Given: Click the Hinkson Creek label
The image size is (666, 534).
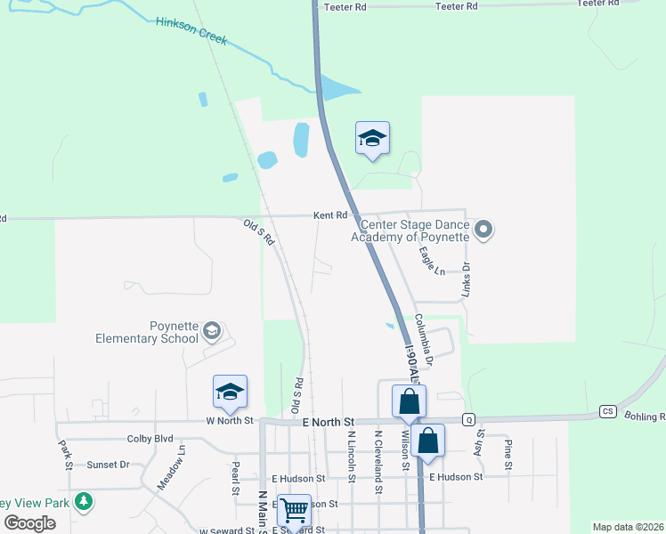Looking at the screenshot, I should click(191, 31).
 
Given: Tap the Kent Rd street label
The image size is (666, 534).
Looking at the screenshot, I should click(329, 215).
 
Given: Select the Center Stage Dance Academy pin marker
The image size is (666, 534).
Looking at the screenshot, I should click(483, 231).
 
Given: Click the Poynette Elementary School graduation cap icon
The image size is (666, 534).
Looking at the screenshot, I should click(211, 332).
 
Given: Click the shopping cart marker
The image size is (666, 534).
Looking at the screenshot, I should click(294, 511).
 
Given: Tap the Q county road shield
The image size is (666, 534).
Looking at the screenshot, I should click(467, 419).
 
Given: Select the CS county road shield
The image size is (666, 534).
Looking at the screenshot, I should click(608, 411).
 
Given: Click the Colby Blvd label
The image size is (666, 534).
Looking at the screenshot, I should click(150, 438).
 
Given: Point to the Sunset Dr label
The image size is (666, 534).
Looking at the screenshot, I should click(108, 465).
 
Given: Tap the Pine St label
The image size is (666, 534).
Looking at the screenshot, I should click(508, 454).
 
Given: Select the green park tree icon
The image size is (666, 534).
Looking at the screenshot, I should click(84, 502).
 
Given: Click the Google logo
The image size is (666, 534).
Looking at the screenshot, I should click(29, 523).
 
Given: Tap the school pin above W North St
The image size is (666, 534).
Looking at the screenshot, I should click(230, 392).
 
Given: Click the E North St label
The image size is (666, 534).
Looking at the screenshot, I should click(329, 421).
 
